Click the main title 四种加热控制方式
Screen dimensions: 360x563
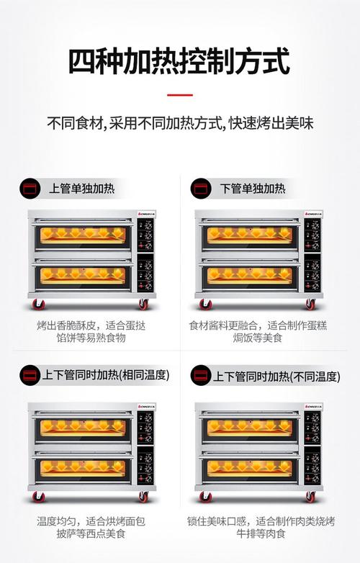click(179, 61)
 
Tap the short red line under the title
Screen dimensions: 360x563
click(180, 95)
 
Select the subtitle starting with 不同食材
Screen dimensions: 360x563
click(180, 123)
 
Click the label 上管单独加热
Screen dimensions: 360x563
click(82, 189)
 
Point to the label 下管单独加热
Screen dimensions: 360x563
click(253, 189)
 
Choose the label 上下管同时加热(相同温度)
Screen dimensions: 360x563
click(106, 375)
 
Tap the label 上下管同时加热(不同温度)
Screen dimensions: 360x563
click(276, 377)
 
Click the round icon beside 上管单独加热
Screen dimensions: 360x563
click(30, 189)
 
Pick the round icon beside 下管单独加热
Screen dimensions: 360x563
click(201, 189)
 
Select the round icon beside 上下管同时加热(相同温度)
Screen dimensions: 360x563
click(30, 375)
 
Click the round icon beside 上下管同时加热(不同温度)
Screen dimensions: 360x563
click(201, 375)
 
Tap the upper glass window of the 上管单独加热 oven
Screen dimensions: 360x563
click(83, 235)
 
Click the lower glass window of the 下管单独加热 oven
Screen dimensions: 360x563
click(250, 276)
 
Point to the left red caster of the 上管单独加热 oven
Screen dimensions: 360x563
click(38, 305)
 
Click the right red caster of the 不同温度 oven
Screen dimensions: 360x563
click(310, 497)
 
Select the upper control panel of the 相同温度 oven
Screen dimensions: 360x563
click(145, 428)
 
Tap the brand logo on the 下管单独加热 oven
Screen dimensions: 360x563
click(314, 214)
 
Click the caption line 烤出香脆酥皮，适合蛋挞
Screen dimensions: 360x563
click(91, 325)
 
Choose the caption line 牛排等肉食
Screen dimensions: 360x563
click(261, 533)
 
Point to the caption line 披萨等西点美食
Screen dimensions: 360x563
click(91, 533)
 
